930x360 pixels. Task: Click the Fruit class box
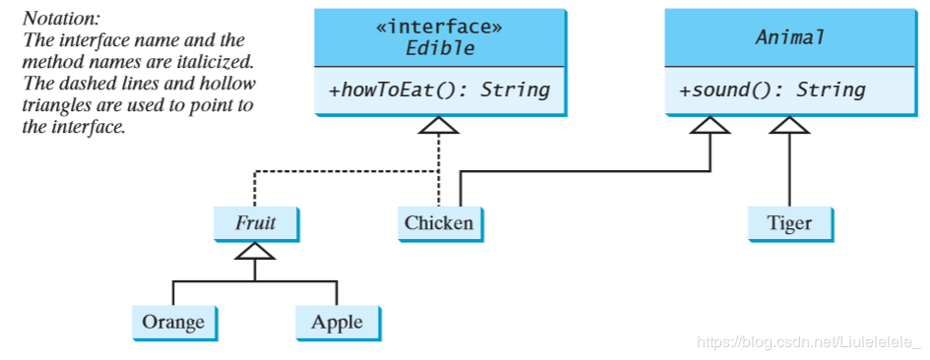(x=256, y=223)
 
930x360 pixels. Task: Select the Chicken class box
(x=439, y=223)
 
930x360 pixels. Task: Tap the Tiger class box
(x=789, y=223)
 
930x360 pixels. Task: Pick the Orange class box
(x=173, y=322)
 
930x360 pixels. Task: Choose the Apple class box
(x=337, y=322)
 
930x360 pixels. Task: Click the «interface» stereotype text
(x=439, y=27)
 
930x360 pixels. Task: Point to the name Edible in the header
(x=439, y=48)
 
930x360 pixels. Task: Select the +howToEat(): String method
(x=439, y=90)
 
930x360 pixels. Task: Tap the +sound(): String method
(x=773, y=90)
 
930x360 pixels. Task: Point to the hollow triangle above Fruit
(x=255, y=252)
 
